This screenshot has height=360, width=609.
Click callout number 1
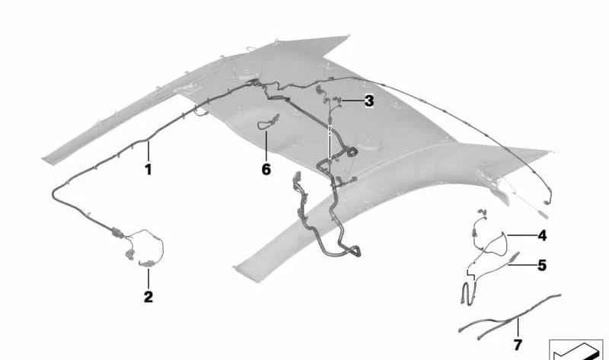[148, 170]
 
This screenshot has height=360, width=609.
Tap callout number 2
[148, 297]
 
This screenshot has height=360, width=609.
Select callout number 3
[369, 101]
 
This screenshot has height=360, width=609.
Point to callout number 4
[542, 235]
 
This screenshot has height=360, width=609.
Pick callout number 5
[542, 265]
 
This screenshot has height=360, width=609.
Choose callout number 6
[266, 169]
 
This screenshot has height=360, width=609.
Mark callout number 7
[518, 345]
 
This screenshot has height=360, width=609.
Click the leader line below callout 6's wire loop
[266, 145]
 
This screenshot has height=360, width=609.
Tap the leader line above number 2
[148, 277]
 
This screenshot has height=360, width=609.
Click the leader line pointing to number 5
[522, 265]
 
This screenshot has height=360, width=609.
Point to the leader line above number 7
[518, 327]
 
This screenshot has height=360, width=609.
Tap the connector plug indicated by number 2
[146, 264]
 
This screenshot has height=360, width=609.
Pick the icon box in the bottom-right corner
[576, 350]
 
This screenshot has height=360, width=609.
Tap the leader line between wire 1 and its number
[148, 152]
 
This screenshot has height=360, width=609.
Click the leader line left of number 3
[351, 101]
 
